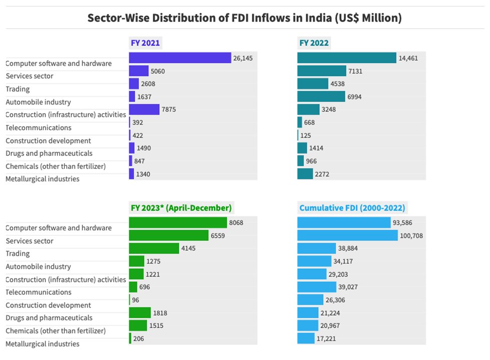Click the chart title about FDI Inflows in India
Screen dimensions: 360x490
tap(245, 18)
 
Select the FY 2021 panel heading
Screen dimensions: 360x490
tap(145, 43)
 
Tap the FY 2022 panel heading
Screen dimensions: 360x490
tap(314, 43)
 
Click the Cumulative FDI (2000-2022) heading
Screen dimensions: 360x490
tap(352, 208)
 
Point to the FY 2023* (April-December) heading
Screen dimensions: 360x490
tap(181, 208)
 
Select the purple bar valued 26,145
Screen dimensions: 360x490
tap(180, 58)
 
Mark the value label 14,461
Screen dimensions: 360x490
tap(409, 58)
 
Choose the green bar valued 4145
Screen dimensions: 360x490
tap(154, 248)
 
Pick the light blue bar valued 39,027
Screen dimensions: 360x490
tap(317, 287)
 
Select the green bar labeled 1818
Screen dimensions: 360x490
tap(140, 313)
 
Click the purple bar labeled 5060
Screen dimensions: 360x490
tap(139, 71)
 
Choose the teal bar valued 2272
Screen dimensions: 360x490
tap(305, 174)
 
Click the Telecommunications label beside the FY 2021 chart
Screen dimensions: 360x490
tap(39, 128)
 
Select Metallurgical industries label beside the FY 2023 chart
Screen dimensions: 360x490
tap(43, 344)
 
